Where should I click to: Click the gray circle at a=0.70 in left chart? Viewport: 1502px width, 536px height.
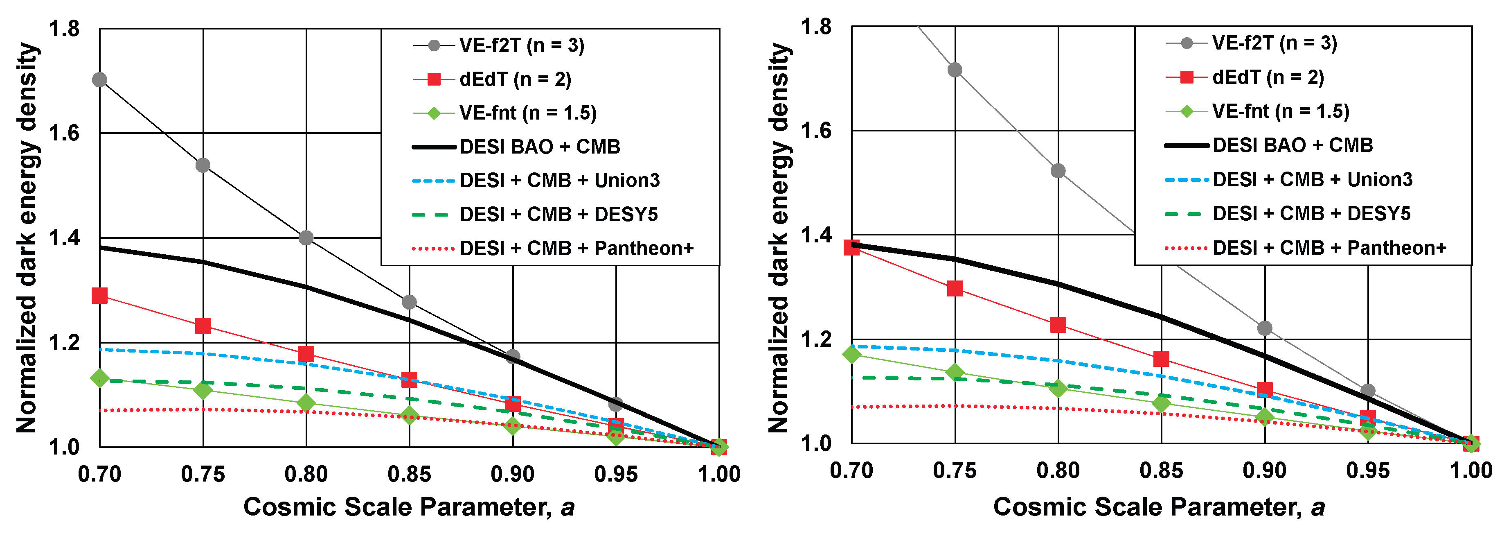point(100,80)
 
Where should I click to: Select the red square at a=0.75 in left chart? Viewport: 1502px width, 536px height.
point(203,326)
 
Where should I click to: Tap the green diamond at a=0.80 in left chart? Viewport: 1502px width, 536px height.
point(306,403)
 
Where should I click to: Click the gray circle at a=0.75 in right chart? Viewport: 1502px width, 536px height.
point(955,70)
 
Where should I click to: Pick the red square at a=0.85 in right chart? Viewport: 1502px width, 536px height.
point(1161,359)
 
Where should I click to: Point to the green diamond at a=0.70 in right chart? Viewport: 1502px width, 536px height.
point(852,353)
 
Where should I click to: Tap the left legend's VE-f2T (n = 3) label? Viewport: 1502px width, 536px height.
point(521,45)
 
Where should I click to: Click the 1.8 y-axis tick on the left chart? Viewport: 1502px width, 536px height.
point(64,29)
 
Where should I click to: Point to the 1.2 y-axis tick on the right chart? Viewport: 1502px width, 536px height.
point(816,339)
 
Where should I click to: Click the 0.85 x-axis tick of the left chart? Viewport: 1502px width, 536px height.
point(409,474)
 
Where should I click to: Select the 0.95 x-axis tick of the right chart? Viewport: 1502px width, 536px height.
point(1367,470)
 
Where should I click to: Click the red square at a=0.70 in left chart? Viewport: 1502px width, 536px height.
point(100,296)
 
